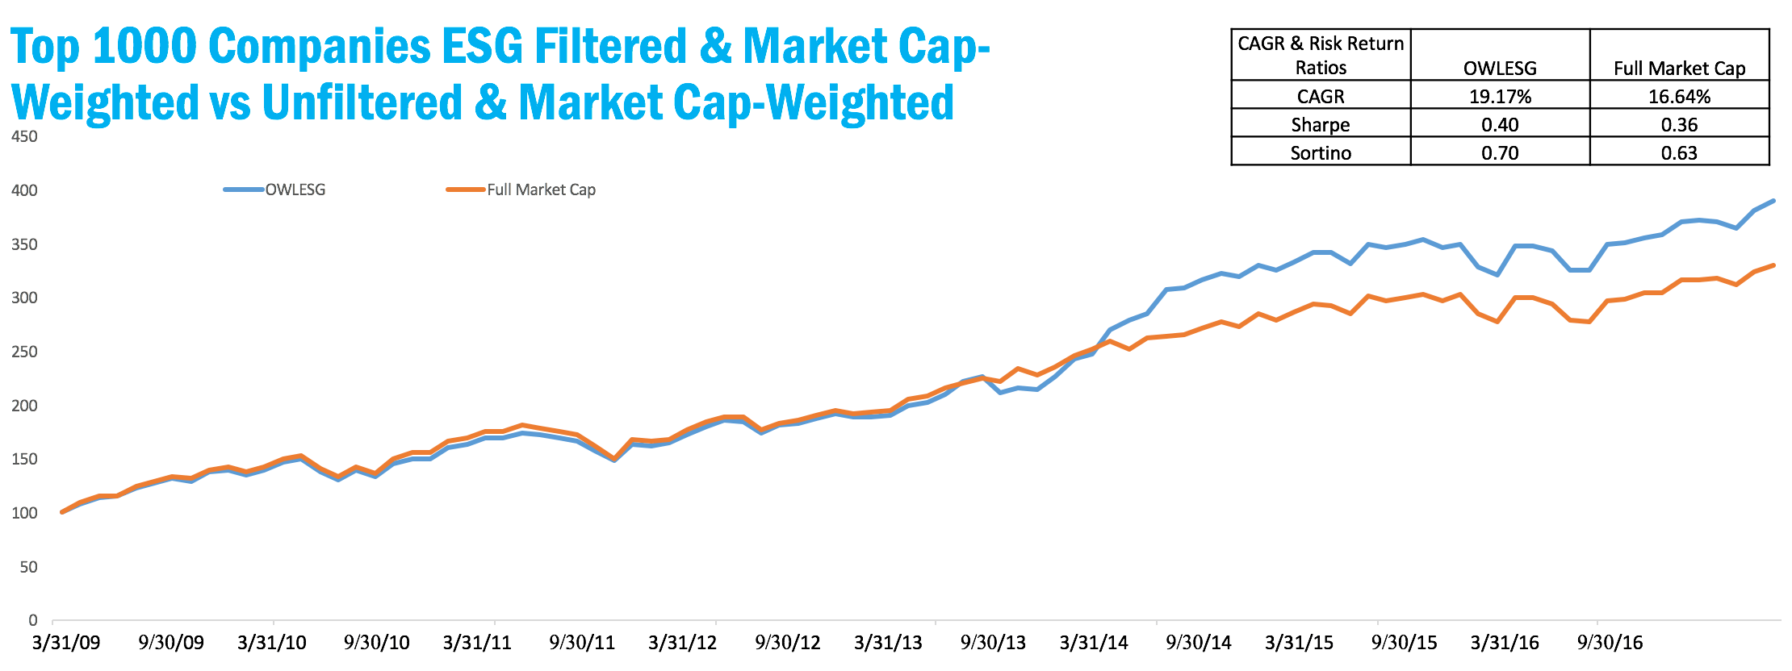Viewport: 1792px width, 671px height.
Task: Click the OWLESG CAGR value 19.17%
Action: tap(1500, 97)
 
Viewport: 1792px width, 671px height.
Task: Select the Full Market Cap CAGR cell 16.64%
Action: tap(1679, 97)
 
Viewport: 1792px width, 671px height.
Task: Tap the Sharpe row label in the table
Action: tap(1320, 125)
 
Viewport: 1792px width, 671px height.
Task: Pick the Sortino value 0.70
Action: tap(1500, 153)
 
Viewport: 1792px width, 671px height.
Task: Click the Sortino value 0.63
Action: tap(1679, 153)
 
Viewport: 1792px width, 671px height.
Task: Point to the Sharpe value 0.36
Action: tap(1679, 125)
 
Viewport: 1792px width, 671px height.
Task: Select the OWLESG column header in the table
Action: tap(1500, 69)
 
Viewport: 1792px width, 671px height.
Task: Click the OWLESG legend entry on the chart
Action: tap(295, 190)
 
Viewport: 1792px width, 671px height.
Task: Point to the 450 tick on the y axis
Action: tap(24, 136)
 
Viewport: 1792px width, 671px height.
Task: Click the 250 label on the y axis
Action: tap(24, 352)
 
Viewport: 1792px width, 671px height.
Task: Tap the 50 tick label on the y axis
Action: tap(28, 567)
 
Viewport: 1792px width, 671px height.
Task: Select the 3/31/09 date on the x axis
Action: tap(66, 643)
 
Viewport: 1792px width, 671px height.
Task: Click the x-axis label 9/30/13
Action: tap(993, 643)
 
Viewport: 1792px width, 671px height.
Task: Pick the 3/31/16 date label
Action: tap(1505, 643)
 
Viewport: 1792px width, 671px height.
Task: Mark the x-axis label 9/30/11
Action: tap(582, 643)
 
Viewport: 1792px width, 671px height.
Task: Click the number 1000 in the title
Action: tap(144, 47)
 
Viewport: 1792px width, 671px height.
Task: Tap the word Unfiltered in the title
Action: tap(362, 103)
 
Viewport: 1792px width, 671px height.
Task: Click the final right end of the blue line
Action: tap(1773, 201)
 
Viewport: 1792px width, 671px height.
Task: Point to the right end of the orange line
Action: tap(1773, 265)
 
